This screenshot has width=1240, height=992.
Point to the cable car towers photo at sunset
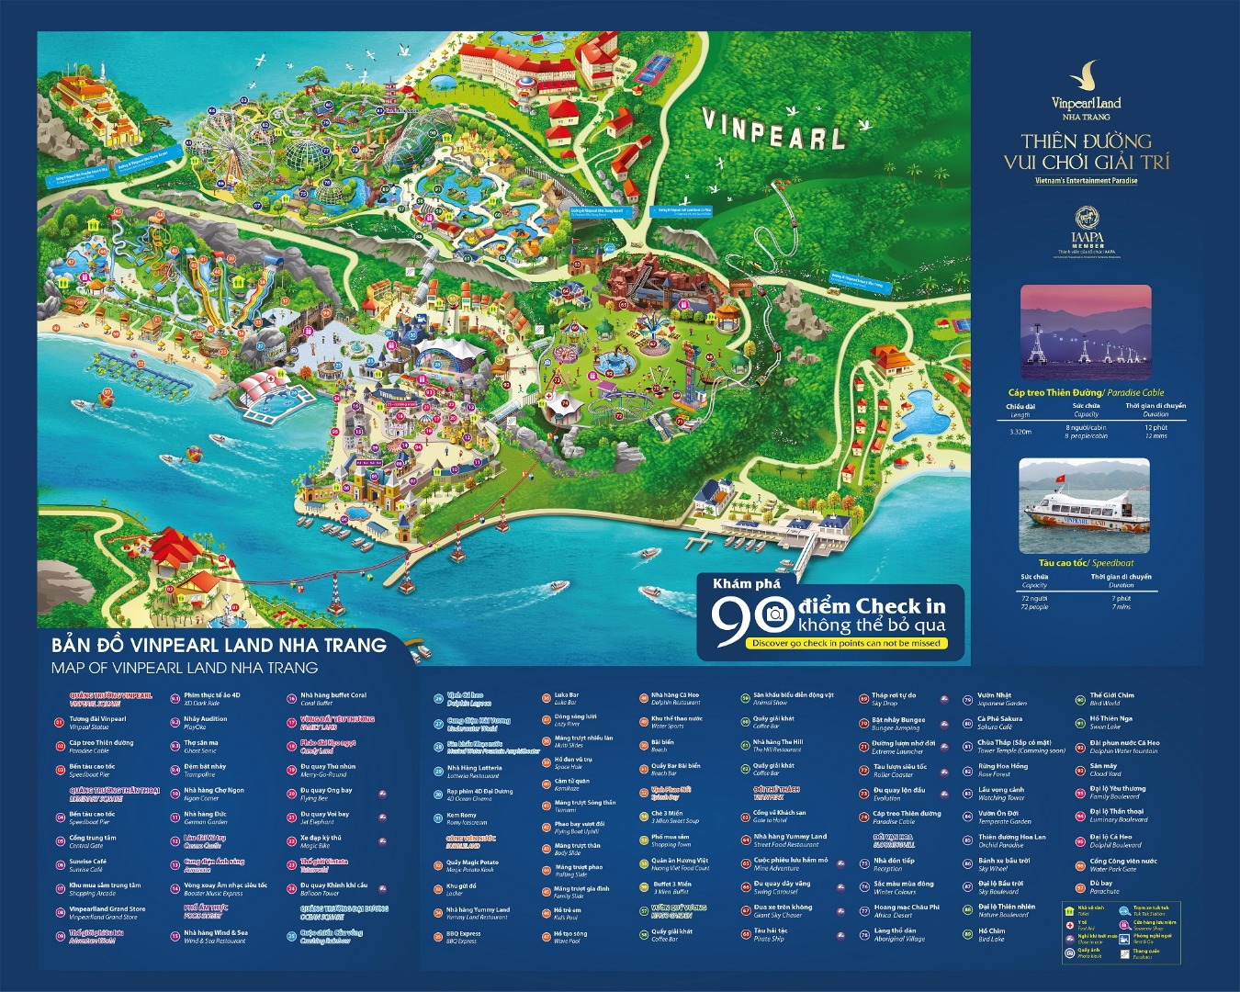pos(1086,333)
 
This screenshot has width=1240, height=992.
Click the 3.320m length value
pos(1020,432)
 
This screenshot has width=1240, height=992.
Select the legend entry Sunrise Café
pos(88,865)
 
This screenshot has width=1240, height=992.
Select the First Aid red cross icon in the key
pos(1069,925)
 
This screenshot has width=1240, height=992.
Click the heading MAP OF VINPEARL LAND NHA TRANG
pos(185,668)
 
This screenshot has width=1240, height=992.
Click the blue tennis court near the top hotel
pos(656,67)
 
